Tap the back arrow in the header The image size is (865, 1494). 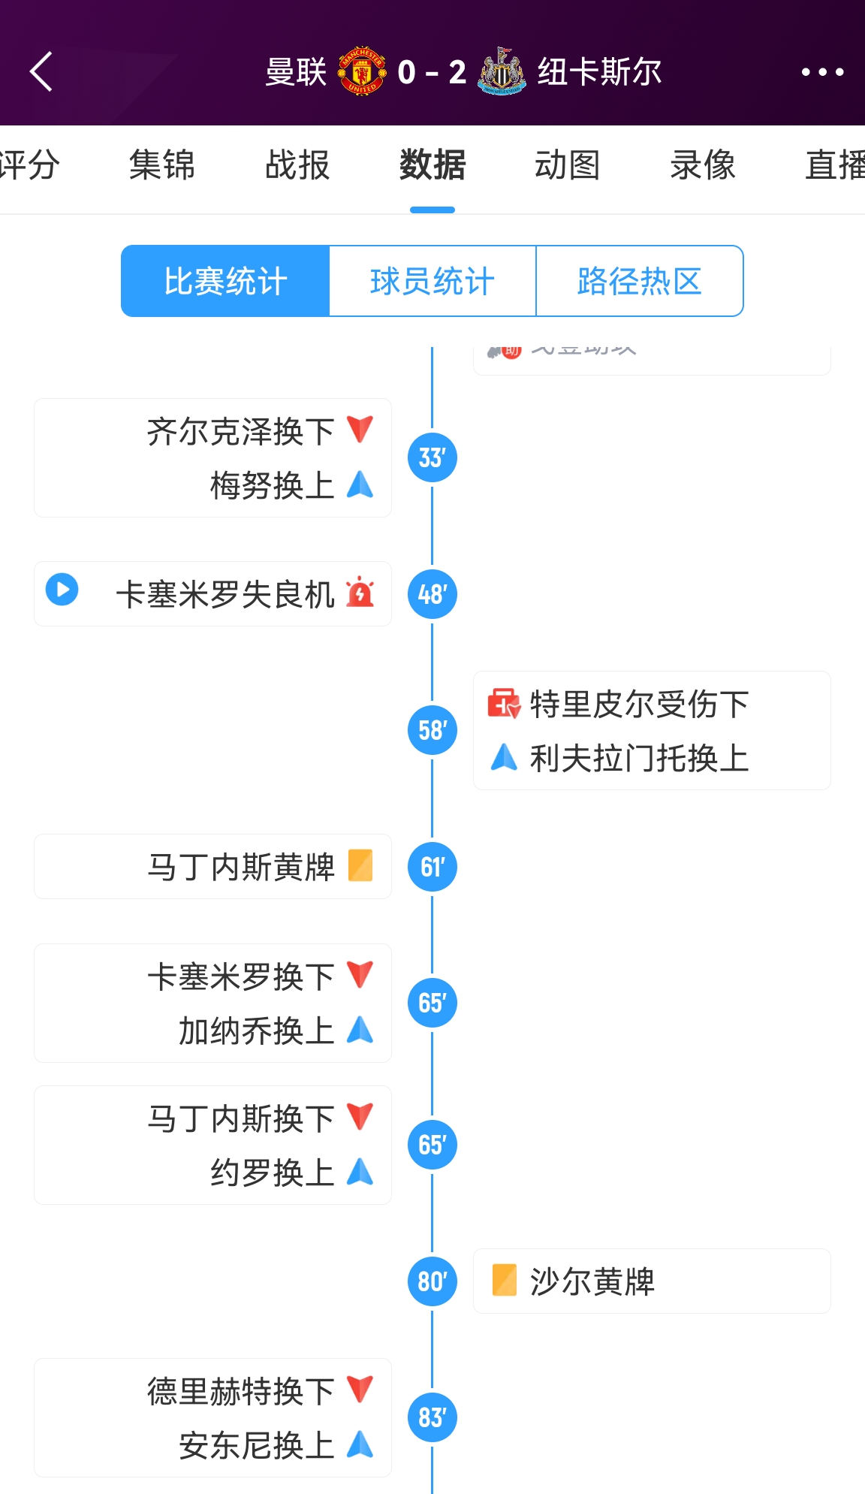tap(42, 71)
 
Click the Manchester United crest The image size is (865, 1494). tap(362, 71)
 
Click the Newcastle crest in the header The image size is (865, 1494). tap(502, 71)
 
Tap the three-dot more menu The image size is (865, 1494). tap(822, 72)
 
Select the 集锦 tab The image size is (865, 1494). tap(161, 164)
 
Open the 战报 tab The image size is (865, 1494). tap(297, 164)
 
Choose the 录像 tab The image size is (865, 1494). tap(703, 164)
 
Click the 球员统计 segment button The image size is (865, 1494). tap(432, 281)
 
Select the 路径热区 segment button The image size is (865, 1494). tap(639, 281)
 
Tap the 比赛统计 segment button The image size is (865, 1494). tap(225, 281)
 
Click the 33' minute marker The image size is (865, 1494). tap(432, 457)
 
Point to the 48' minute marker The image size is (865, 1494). tap(432, 594)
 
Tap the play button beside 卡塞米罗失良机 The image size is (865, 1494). tap(62, 590)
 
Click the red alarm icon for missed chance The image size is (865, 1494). tap(360, 593)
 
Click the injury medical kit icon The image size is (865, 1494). tap(504, 704)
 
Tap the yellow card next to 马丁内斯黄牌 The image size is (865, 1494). tap(360, 865)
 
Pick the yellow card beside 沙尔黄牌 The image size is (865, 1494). tap(504, 1281)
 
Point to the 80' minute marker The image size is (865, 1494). tap(432, 1281)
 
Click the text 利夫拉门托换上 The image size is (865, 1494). tap(639, 758)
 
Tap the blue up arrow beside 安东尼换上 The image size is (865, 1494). tap(360, 1444)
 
